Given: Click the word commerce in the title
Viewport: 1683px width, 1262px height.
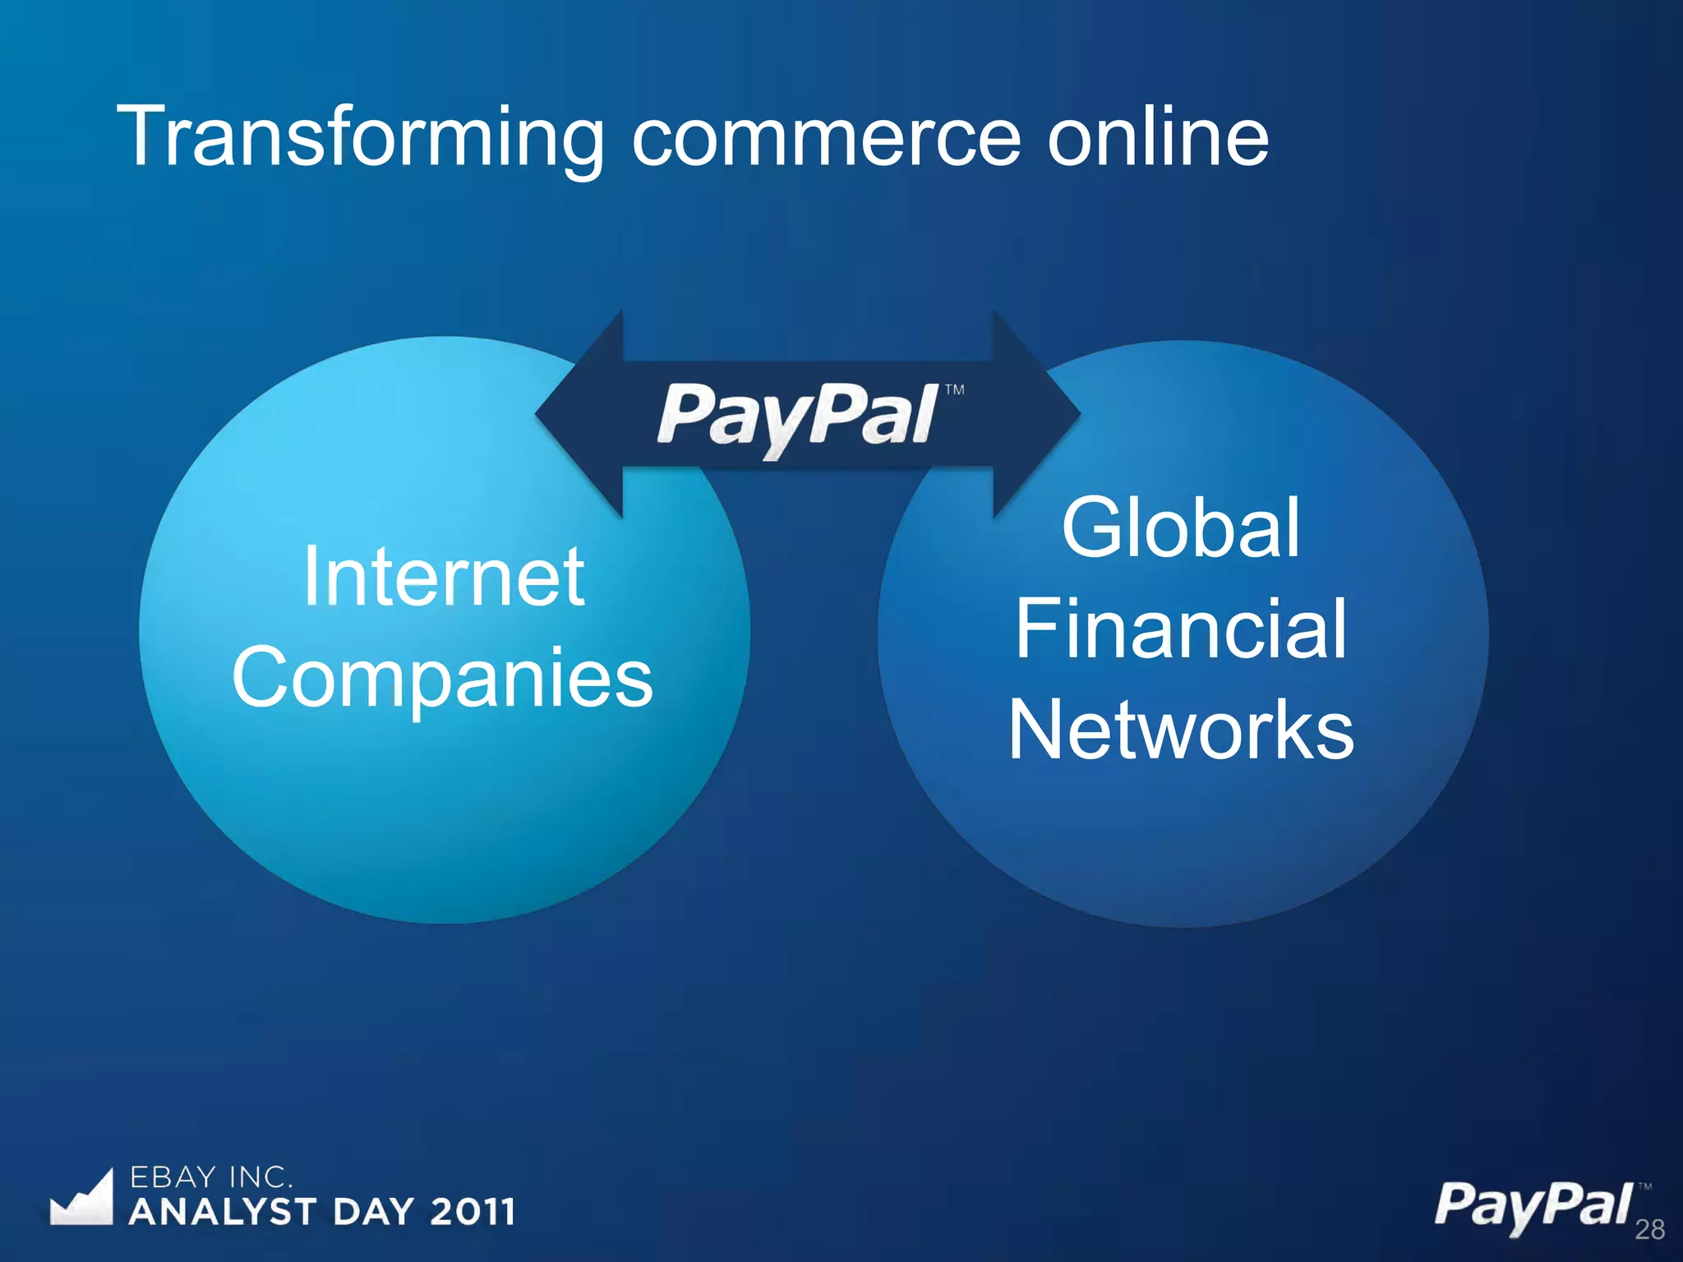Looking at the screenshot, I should pos(826,138).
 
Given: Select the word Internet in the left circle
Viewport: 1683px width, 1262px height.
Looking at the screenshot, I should pos(444,578).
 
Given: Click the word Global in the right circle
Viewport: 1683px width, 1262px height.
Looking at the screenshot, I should pos(1181,528).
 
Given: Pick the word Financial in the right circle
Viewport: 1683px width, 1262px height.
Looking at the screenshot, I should pos(1181,629).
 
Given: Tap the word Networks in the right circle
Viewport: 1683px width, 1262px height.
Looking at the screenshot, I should pos(1181,730).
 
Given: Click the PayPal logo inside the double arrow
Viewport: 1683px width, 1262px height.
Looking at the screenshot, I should pos(797,416).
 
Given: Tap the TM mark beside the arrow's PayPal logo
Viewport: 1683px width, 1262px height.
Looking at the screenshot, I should pos(954,390).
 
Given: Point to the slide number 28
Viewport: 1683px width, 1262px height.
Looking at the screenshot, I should pos(1649,1229).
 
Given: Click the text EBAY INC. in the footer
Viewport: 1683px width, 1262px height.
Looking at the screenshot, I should pos(210,1177).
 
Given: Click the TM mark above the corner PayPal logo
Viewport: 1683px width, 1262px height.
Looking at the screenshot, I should pos(1644,1186).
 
